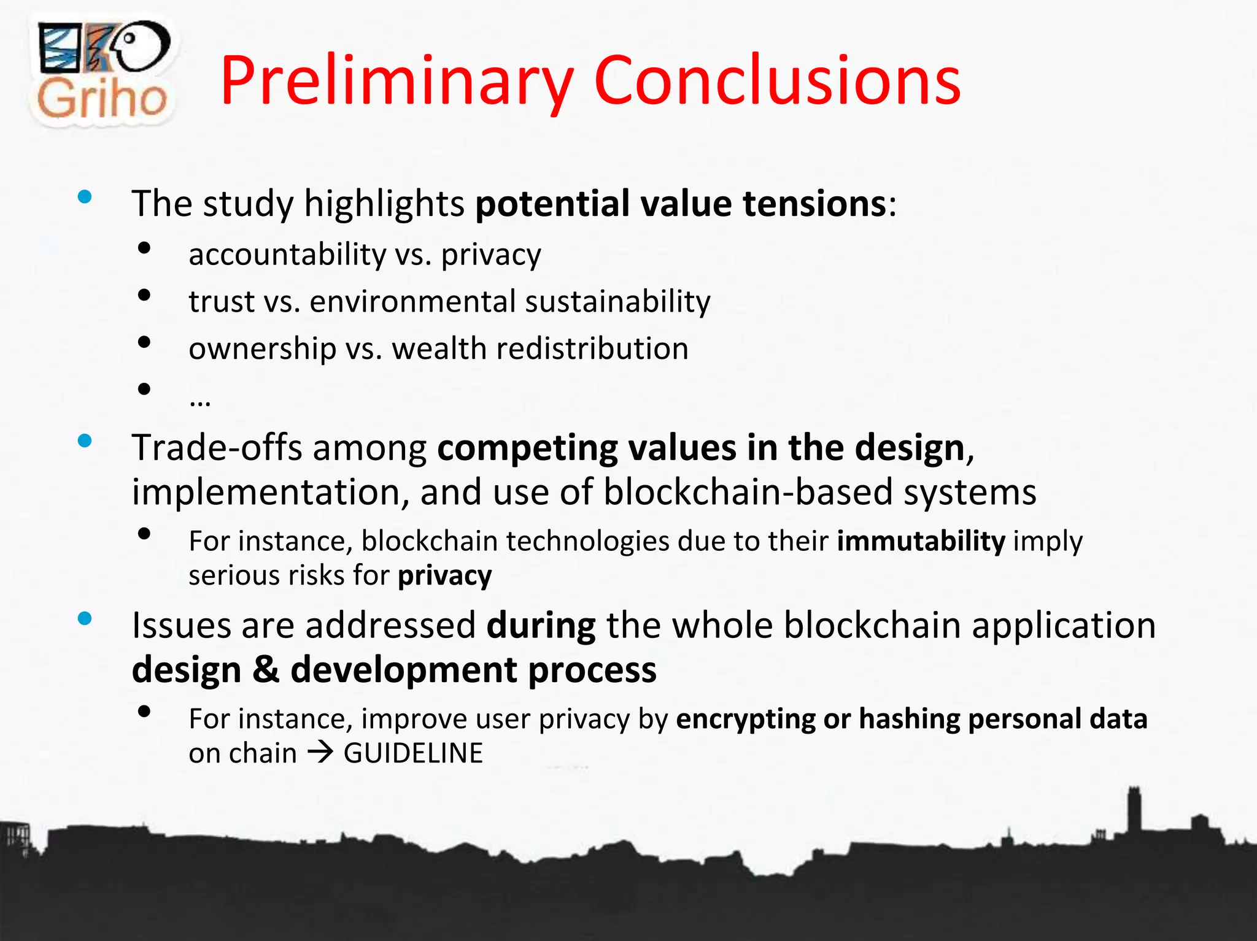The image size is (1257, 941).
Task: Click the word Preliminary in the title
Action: point(396,82)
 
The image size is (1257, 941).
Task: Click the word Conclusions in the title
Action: point(777,82)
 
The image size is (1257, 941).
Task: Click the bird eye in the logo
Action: point(130,38)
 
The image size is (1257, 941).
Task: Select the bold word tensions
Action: point(814,204)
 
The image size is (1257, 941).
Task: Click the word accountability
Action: point(287,254)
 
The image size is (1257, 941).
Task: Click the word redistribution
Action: point(592,348)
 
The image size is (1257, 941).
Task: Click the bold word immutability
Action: point(921,541)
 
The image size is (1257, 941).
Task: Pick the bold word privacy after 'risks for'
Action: point(444,576)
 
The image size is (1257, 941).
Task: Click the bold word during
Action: point(541,626)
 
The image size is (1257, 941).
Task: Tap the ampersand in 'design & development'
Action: point(265,669)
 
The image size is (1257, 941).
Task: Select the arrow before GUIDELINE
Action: point(320,753)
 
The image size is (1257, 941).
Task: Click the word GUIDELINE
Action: point(413,753)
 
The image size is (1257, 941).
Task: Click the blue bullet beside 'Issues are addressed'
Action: point(85,618)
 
